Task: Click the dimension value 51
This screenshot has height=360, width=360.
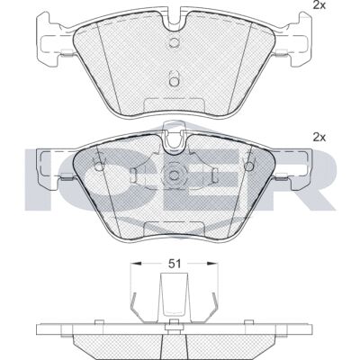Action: (x=175, y=264)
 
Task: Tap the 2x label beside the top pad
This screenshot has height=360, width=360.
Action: (x=319, y=5)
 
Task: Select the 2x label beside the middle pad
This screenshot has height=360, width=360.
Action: (x=319, y=138)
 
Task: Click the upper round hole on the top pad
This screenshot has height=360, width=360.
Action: (x=174, y=42)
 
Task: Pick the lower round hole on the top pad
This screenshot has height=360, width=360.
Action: (x=174, y=81)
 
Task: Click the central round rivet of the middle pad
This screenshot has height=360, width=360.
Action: (x=174, y=175)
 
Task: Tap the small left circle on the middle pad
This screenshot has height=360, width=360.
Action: (x=99, y=166)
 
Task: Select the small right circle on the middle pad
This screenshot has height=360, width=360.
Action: (x=248, y=166)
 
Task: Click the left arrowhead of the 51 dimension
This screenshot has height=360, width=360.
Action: (x=136, y=264)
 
